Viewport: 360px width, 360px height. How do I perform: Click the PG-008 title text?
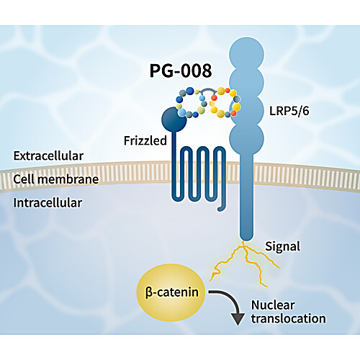pos(181,71)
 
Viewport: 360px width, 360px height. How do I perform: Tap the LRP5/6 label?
pos(289,111)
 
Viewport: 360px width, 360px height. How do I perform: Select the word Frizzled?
pos(145,140)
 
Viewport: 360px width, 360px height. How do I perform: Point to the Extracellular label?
pos(48,156)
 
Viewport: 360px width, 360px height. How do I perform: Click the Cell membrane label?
pos(56,179)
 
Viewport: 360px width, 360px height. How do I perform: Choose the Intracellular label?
pos(48,203)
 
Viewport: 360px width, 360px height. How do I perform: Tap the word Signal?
pos(283,246)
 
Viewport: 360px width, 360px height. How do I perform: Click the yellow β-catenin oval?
pos(171,292)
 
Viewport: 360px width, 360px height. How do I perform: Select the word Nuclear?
pos(273,305)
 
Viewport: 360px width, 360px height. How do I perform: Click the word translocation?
pos(289,318)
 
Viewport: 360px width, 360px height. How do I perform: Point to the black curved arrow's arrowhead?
pos(238,319)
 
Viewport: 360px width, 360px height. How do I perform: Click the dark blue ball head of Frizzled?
pos(174,120)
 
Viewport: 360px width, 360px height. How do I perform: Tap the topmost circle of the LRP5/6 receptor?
pos(247,55)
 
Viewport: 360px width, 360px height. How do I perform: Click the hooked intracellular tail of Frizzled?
pos(222,207)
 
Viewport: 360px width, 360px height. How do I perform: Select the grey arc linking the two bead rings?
pos(209,91)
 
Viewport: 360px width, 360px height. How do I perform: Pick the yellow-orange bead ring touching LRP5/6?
pos(225,102)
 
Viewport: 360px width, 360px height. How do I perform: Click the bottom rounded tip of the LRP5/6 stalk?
pos(247,238)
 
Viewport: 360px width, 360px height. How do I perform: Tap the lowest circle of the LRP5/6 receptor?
pos(247,138)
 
